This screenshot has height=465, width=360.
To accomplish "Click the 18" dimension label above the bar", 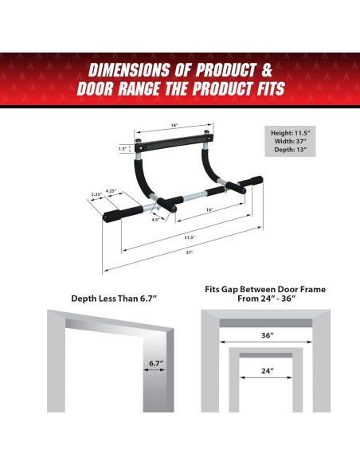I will click(173, 125).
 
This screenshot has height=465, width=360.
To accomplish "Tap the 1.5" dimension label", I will click(123, 148).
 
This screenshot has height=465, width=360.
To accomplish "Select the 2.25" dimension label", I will click(96, 193).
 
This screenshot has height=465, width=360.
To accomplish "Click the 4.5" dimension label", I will click(157, 220).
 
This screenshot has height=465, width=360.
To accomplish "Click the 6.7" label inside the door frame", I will click(155, 364).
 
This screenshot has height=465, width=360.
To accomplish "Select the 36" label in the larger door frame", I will click(267, 335).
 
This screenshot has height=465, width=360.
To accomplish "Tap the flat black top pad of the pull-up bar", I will click(173, 146).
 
